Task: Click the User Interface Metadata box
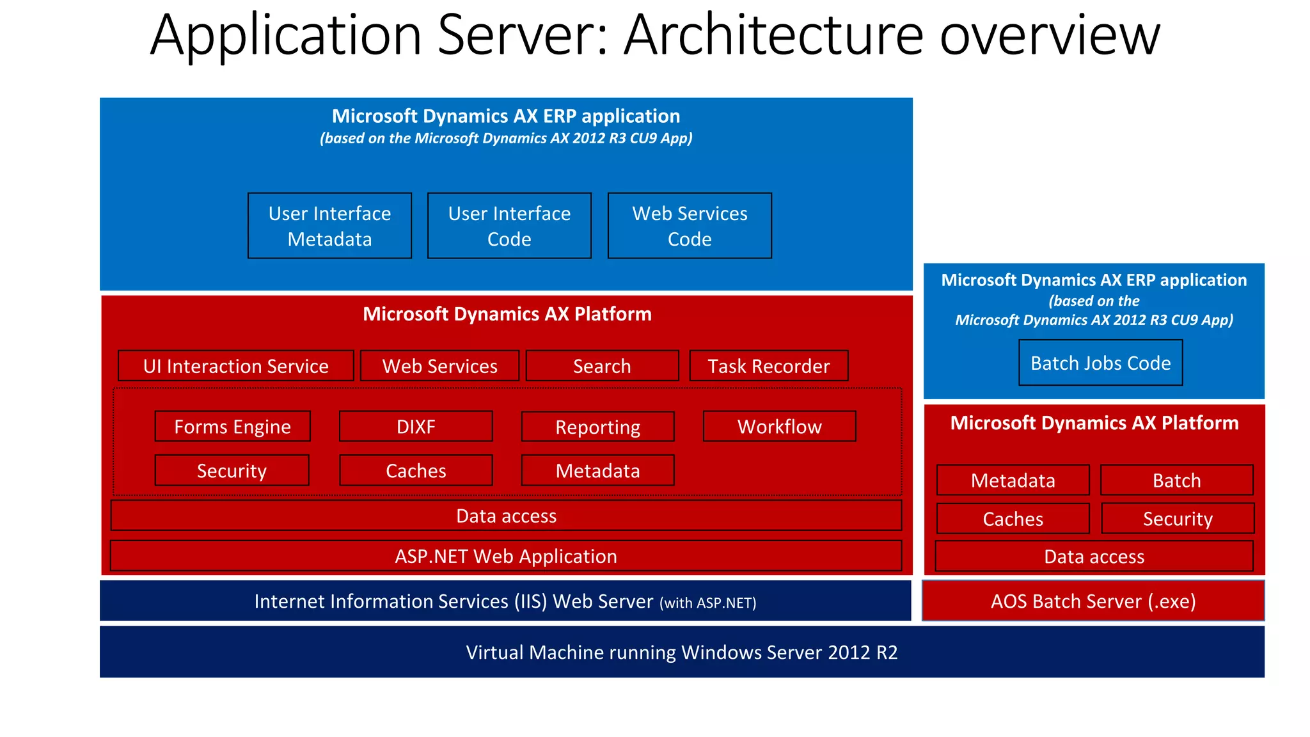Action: (x=329, y=226)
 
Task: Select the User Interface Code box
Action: (x=509, y=226)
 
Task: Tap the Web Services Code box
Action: (x=690, y=226)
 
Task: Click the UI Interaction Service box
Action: (x=235, y=366)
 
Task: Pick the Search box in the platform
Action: (x=602, y=366)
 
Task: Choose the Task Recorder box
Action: (x=768, y=366)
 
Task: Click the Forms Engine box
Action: (x=232, y=427)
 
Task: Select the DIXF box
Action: (x=416, y=427)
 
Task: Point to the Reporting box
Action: (x=597, y=427)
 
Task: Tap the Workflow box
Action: (x=779, y=427)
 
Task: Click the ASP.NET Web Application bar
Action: (x=506, y=556)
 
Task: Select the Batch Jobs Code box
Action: (x=1100, y=363)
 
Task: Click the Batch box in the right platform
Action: (x=1176, y=480)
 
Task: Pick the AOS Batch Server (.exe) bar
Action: (x=1093, y=601)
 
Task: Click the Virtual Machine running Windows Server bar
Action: (x=682, y=652)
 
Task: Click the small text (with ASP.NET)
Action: (x=708, y=603)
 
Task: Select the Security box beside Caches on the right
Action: (x=1178, y=519)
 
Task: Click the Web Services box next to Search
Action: (x=439, y=366)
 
